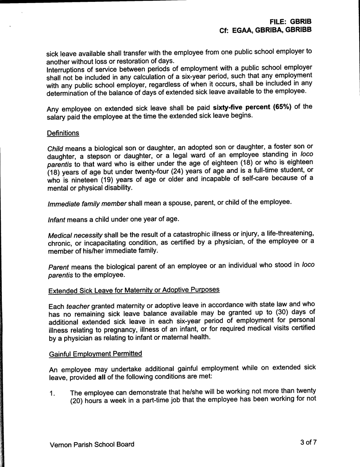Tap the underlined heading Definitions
(x=63, y=132)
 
